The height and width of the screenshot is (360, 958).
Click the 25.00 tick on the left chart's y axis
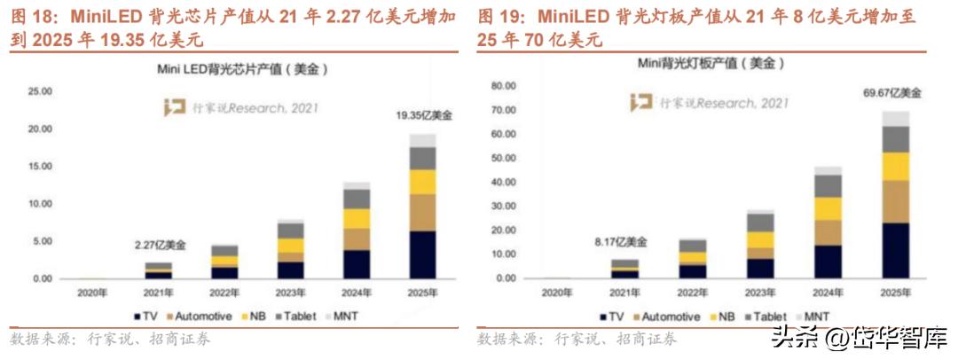42,91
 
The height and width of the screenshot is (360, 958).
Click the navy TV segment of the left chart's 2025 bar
422,254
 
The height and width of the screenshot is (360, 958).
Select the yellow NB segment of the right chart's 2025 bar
895,166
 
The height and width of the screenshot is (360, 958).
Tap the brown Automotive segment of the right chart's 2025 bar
895,201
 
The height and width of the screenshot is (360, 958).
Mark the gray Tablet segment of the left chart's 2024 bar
356,199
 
